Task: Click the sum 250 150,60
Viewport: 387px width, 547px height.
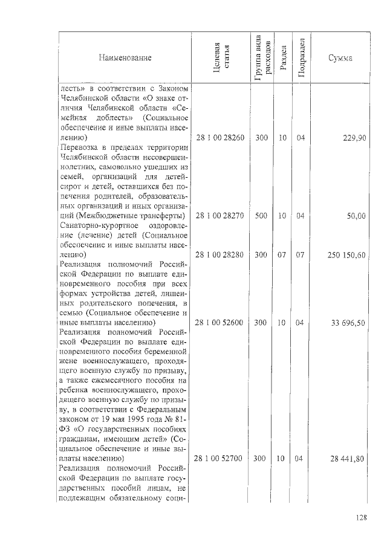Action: (x=346, y=254)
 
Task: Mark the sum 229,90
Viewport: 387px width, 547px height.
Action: (x=354, y=138)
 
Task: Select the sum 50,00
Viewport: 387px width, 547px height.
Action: (x=357, y=216)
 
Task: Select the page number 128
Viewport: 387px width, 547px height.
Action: (x=362, y=517)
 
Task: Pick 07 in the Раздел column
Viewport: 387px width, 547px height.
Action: (x=282, y=254)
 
